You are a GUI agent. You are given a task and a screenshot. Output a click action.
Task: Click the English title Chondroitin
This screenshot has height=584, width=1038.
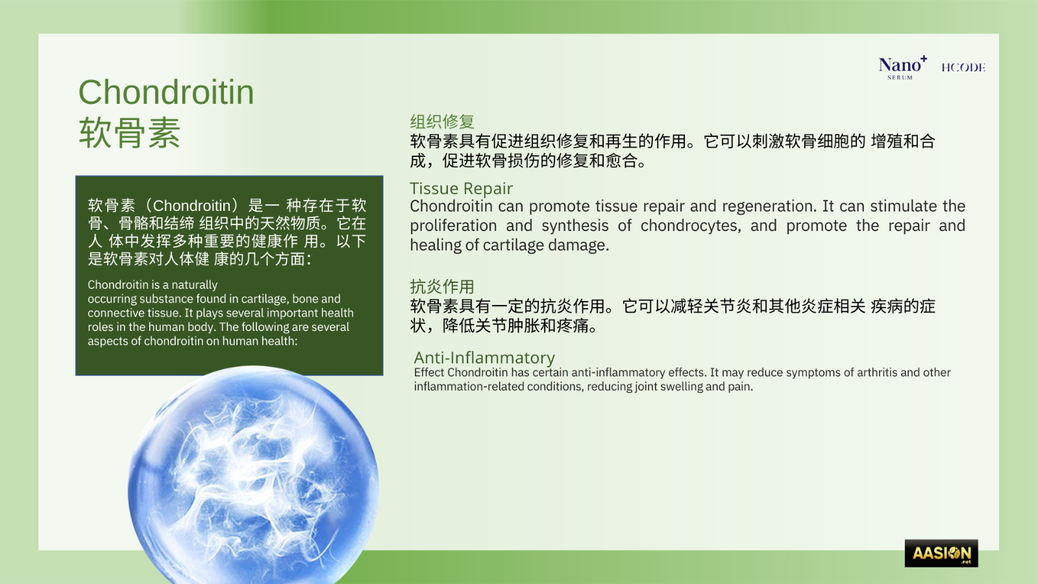[166, 92]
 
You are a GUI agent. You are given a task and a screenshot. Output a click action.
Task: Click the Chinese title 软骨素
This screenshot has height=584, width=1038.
[129, 132]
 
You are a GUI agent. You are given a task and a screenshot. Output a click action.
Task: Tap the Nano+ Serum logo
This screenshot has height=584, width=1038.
[903, 67]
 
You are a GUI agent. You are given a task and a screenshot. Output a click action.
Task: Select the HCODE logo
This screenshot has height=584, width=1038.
[963, 67]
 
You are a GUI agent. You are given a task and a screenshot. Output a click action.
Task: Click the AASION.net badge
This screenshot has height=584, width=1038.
[941, 553]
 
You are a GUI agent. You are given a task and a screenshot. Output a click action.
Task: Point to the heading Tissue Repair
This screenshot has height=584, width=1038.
[461, 188]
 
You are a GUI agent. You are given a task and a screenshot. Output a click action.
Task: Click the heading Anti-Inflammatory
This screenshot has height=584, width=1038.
[484, 358]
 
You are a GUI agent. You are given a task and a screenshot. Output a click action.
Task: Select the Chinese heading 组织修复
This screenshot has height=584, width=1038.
[442, 121]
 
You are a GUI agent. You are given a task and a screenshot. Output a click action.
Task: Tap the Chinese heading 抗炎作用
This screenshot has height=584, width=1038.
[442, 287]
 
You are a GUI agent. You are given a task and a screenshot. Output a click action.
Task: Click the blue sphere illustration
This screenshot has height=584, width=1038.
[253, 477]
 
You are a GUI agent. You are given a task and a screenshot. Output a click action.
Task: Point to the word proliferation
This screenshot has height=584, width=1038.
[453, 226]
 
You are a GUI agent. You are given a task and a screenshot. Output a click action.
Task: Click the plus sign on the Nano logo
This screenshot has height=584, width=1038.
[924, 58]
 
